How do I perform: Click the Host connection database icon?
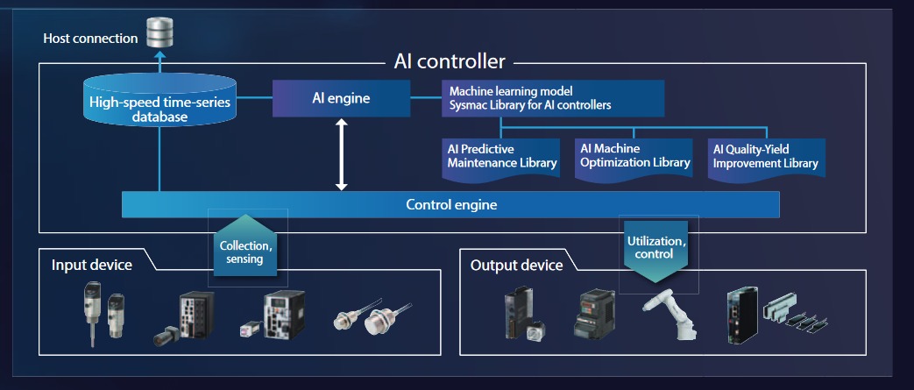159,32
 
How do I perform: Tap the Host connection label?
90,39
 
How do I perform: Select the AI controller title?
450,61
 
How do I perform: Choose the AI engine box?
341,98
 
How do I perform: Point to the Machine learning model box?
553,98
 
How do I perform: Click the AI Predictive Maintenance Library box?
500,158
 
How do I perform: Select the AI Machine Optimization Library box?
634,158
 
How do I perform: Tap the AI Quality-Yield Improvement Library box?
767,158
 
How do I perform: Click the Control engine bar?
450,204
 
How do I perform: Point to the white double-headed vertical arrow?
342,154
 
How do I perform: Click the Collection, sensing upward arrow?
245,246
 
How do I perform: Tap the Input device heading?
92,266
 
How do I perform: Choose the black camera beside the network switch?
168,334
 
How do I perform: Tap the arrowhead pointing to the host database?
159,53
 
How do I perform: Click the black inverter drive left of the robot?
594,313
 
